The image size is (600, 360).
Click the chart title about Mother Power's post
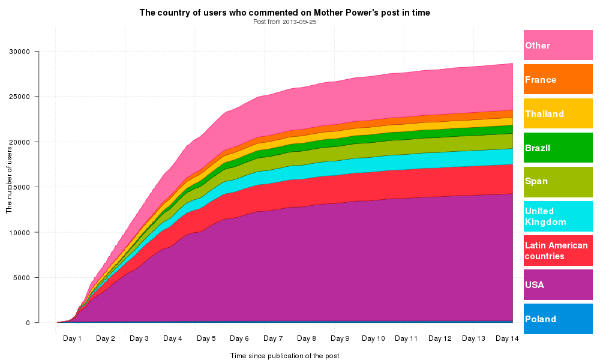pos(284,13)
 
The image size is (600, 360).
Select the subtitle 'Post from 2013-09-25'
pos(284,22)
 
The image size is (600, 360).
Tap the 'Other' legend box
pos(558,45)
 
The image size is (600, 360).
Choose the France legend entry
pos(558,79)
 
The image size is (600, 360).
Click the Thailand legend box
pos(558,113)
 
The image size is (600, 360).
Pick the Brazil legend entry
pos(558,148)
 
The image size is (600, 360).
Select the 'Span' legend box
pos(558,182)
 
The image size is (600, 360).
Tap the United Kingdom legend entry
pos(558,216)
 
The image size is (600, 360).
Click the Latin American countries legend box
pos(558,250)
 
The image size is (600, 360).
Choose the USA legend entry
pos(558,284)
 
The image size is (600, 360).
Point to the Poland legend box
pos(558,319)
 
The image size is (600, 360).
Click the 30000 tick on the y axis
pos(20,52)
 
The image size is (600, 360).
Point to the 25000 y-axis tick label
pos(20,97)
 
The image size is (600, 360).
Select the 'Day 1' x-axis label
pos(72,338)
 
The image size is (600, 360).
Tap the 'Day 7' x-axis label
pos(273,338)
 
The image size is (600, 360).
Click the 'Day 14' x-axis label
pos(507,338)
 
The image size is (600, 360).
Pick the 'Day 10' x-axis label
pos(373,338)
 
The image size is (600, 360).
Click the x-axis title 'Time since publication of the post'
pos(284,356)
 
